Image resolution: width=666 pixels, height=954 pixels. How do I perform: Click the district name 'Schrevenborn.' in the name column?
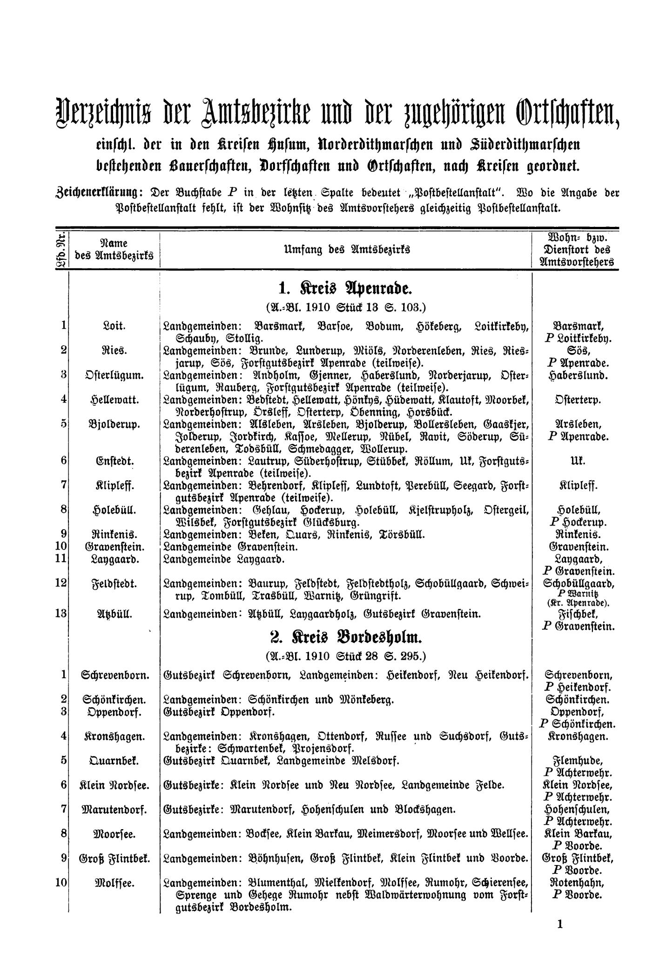pyautogui.click(x=114, y=675)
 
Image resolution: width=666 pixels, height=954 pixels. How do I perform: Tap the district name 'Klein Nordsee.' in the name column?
pyautogui.click(x=114, y=785)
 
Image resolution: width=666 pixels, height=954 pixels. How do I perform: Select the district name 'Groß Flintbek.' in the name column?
pyautogui.click(x=114, y=858)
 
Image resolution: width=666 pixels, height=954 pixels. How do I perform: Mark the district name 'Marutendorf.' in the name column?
pyautogui.click(x=114, y=809)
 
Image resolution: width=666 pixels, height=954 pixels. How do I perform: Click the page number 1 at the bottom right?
pyautogui.click(x=559, y=925)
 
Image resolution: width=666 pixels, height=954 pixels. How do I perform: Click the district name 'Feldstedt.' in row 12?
pyautogui.click(x=114, y=583)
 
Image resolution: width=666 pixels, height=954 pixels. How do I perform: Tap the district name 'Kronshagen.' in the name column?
pyautogui.click(x=114, y=736)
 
